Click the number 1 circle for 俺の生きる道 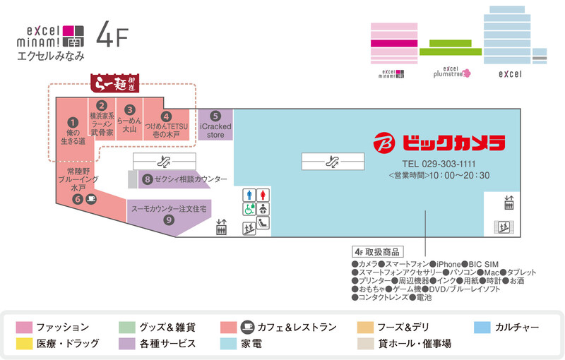73,122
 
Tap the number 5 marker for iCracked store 215,116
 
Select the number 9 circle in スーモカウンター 169,220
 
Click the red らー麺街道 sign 114,83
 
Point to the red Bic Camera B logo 384,143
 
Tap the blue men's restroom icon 249,195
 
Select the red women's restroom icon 263,195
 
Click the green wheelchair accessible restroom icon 249,209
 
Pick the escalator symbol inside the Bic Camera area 333,162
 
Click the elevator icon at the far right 509,203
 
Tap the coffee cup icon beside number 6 92,199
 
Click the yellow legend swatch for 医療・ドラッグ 24,344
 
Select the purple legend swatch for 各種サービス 127,344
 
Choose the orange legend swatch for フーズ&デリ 365,328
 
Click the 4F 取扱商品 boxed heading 378,252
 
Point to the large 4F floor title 112,34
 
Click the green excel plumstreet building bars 451,47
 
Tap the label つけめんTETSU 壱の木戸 166,131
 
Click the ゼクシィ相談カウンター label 191,179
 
